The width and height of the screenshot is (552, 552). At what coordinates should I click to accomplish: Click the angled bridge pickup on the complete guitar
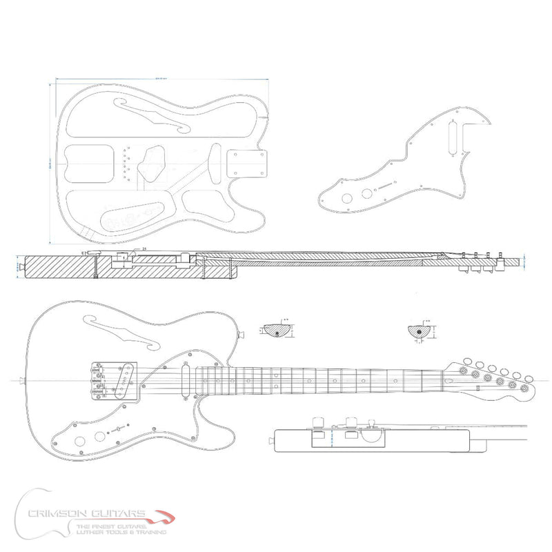124,382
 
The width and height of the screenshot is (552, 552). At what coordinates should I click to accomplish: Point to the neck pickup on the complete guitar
186,377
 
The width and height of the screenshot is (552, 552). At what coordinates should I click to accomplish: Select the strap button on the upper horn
242,335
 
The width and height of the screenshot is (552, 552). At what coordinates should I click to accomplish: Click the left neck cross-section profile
277,331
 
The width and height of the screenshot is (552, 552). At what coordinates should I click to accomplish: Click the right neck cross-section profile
419,331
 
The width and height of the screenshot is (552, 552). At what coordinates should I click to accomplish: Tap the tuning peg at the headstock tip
527,388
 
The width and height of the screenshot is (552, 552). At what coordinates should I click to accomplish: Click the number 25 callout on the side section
144,248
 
